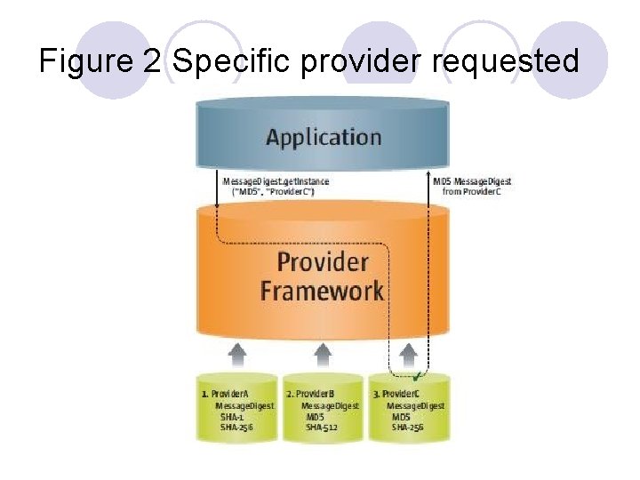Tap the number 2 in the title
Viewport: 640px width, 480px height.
coord(149,61)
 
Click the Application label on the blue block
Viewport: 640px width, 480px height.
coord(324,138)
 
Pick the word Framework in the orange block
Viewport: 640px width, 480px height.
coord(322,290)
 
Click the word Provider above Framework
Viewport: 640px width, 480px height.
coord(322,261)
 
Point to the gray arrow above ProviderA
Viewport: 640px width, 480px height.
coord(237,355)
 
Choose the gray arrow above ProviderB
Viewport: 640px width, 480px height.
coord(323,355)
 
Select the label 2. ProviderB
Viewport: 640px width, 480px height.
coord(310,393)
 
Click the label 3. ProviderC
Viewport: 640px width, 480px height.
coord(396,393)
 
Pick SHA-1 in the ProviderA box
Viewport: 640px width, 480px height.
coord(234,416)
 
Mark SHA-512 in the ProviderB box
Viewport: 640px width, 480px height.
coord(322,427)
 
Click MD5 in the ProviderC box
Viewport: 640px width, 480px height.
coord(403,416)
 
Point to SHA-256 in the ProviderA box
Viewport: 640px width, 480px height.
coord(237,427)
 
